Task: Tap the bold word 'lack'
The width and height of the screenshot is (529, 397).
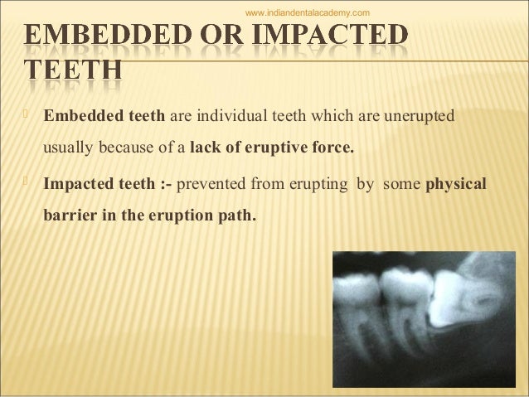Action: click(204, 151)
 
